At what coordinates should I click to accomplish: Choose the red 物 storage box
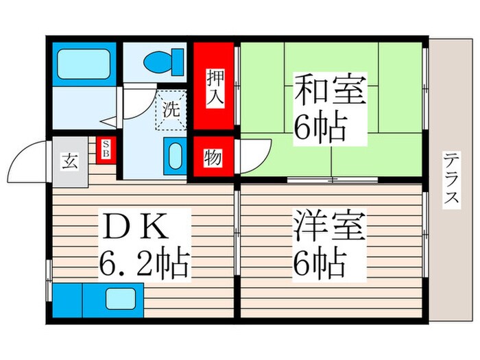click(x=213, y=158)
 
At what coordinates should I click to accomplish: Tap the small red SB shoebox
click(x=106, y=149)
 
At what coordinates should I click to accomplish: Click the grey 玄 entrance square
click(x=70, y=162)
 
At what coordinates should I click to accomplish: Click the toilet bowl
click(x=162, y=61)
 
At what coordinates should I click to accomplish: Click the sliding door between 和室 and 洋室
click(x=332, y=180)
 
